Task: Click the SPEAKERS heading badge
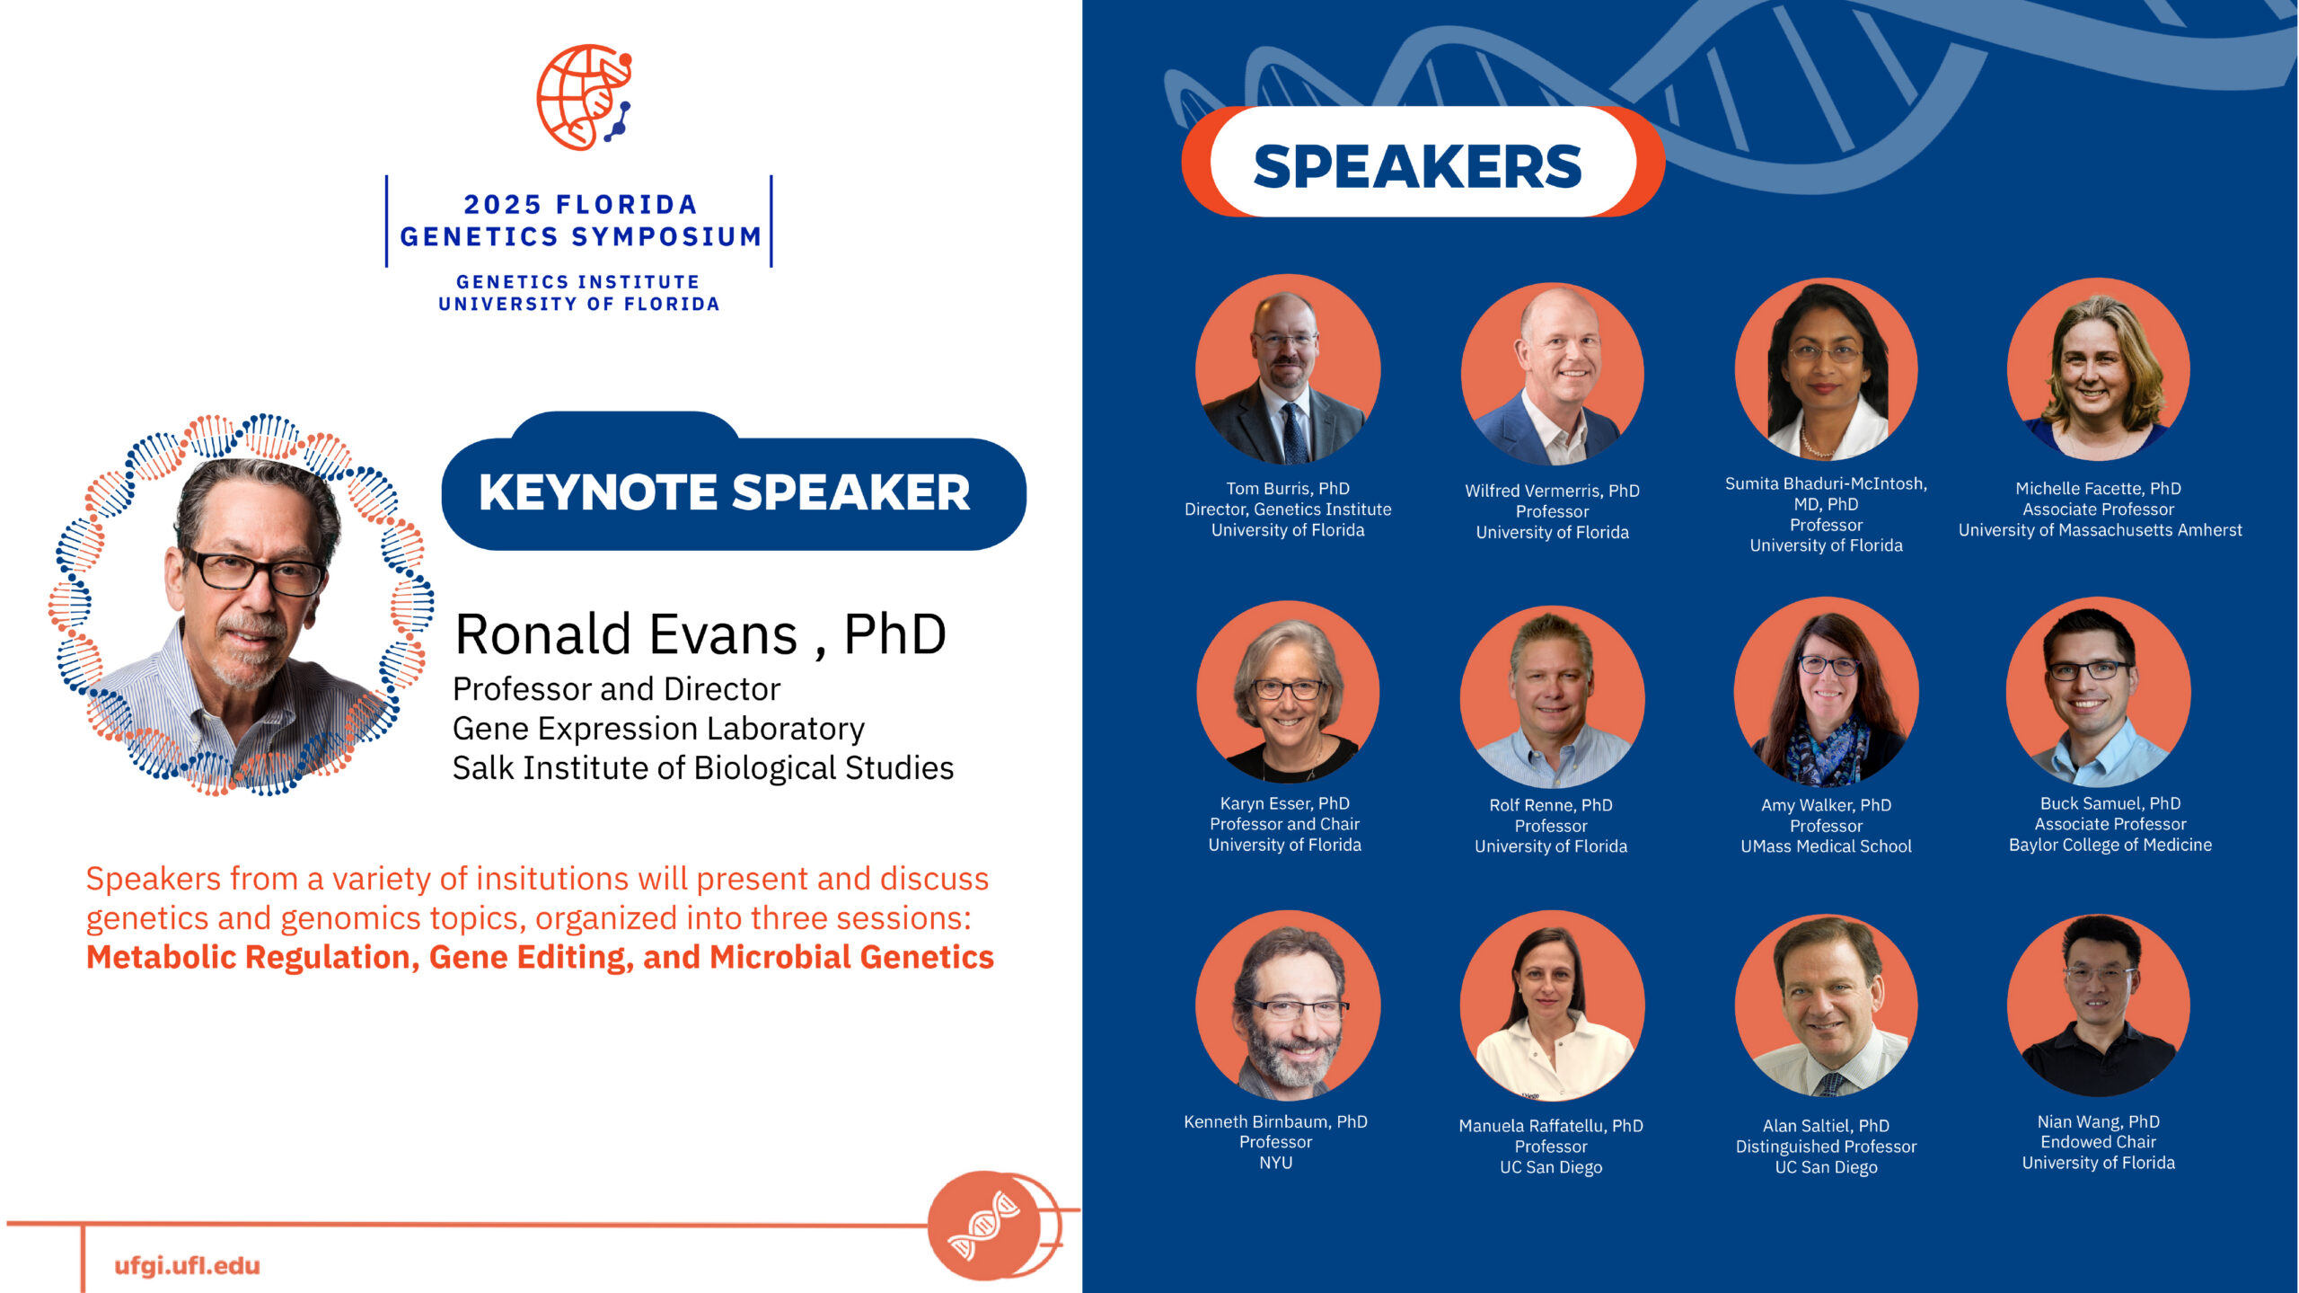point(1423,163)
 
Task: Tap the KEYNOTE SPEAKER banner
point(734,485)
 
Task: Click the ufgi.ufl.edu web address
point(187,1266)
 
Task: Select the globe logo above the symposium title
point(585,97)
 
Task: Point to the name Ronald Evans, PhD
point(700,634)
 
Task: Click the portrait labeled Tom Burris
point(1288,368)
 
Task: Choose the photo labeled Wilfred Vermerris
point(1553,373)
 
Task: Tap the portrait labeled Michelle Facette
point(2099,368)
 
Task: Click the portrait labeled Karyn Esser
point(1288,692)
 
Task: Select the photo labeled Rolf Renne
point(1553,696)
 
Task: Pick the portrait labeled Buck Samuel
point(2099,692)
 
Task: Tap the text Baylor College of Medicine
point(2110,846)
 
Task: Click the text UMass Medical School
point(1826,846)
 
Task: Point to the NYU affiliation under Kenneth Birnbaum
point(1275,1163)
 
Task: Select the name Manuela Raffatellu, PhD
point(1551,1126)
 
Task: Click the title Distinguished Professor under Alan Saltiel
point(1826,1147)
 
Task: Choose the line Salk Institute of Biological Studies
point(703,768)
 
